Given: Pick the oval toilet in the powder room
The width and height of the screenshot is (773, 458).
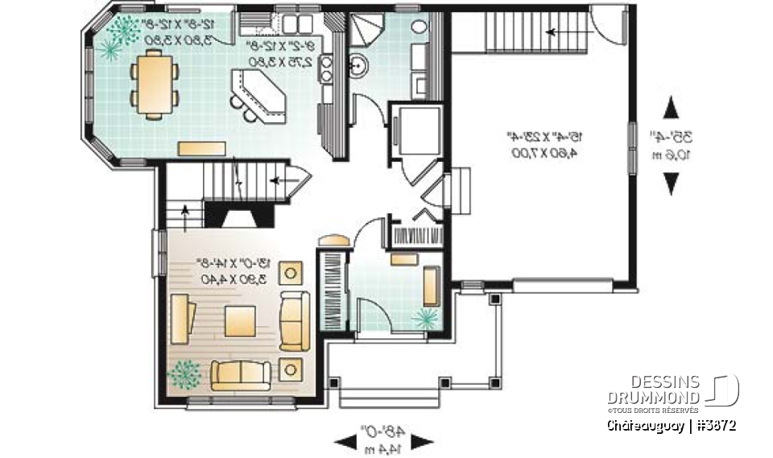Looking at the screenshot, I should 420,26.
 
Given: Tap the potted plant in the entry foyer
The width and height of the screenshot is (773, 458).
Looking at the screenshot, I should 424,319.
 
